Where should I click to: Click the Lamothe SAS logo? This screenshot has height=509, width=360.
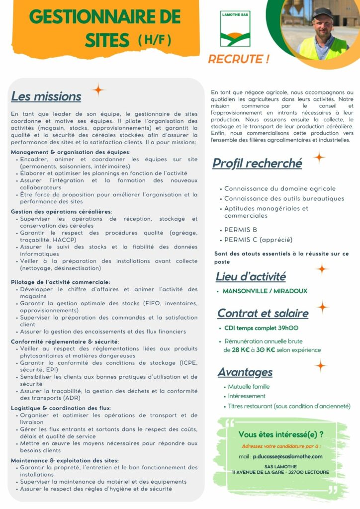click(x=235, y=28)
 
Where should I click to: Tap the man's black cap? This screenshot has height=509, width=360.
click(x=322, y=12)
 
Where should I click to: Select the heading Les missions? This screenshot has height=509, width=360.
click(x=46, y=96)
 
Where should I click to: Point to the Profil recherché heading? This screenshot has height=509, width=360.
click(x=257, y=163)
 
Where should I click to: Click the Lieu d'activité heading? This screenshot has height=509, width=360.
click(x=251, y=276)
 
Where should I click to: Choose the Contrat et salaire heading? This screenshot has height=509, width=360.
click(x=263, y=313)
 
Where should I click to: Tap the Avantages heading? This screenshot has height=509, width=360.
click(x=245, y=372)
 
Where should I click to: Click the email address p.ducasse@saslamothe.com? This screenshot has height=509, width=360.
click(x=287, y=456)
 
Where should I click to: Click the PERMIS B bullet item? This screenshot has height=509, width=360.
click(x=241, y=230)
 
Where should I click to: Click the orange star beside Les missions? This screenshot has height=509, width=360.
click(x=98, y=89)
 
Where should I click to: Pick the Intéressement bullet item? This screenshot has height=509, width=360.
click(x=247, y=396)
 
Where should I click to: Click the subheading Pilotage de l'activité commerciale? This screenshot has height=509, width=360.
click(x=60, y=282)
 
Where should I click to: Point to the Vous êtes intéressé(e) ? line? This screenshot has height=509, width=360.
click(x=280, y=434)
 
